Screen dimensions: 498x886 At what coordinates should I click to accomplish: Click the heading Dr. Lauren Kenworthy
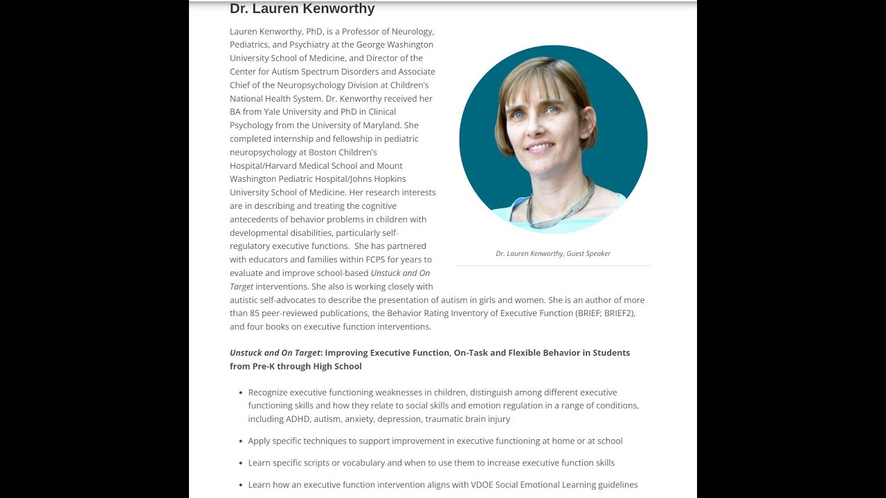(x=302, y=9)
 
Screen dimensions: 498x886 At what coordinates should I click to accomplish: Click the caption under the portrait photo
(x=553, y=254)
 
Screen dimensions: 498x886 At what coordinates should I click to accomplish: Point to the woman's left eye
(x=552, y=109)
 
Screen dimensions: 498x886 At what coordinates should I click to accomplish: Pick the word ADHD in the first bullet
(x=298, y=419)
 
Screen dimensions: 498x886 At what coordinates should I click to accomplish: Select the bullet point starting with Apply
(x=435, y=441)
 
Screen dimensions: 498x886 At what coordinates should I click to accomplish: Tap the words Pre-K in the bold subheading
(x=263, y=367)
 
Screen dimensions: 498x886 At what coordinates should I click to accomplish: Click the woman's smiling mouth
(x=539, y=147)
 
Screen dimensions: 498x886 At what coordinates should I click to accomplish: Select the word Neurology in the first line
(x=413, y=32)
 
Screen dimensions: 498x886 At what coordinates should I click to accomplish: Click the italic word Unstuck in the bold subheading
(x=246, y=353)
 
